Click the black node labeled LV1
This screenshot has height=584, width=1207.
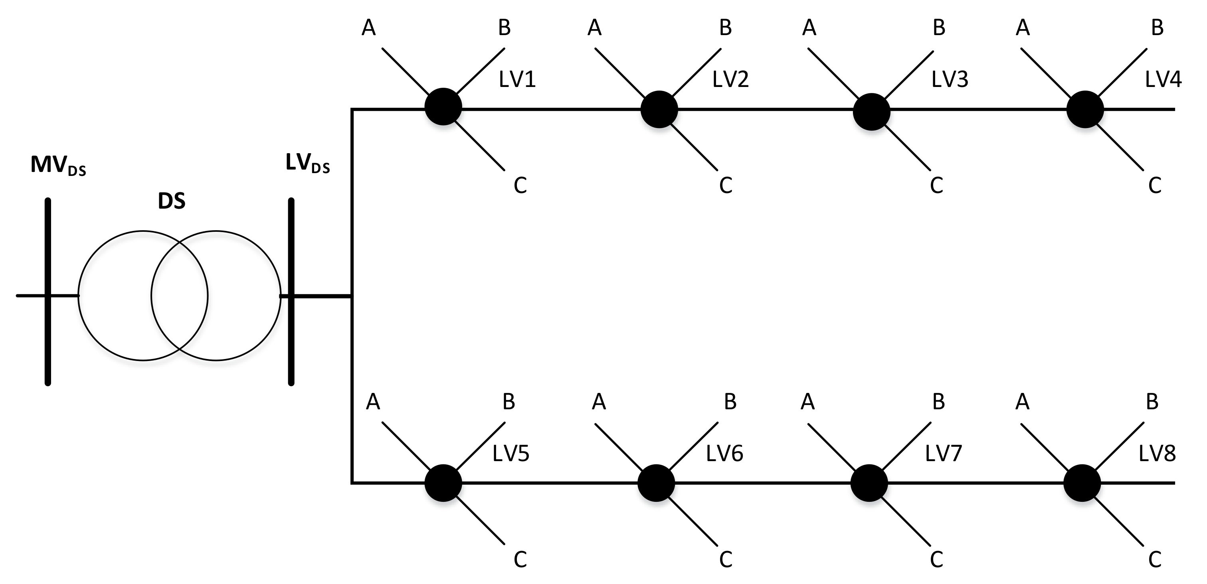tap(443, 107)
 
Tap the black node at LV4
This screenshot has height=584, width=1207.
tap(1085, 110)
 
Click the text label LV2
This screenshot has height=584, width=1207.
tap(730, 80)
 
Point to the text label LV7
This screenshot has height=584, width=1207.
tap(943, 453)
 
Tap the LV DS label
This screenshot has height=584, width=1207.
tap(307, 164)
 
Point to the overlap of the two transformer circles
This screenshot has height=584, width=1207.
tap(180, 296)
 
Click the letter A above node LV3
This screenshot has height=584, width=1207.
tap(809, 28)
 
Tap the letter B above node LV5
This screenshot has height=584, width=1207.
tap(509, 402)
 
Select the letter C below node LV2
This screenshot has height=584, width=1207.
tap(725, 186)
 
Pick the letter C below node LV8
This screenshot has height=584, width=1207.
tap(1155, 560)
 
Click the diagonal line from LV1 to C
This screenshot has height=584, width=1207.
tap(480, 146)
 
